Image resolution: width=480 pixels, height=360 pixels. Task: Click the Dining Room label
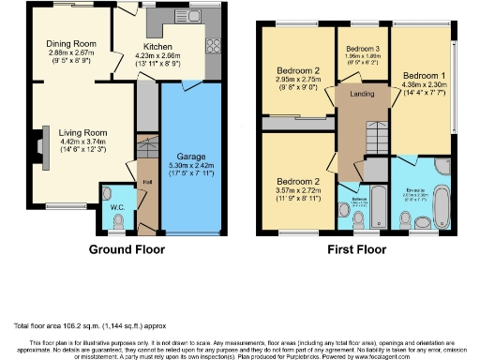click(71, 43)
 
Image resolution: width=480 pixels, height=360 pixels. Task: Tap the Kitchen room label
click(157, 45)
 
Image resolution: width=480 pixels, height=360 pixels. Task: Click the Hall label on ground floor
click(147, 181)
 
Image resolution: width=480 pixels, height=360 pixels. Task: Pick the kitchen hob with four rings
click(211, 44)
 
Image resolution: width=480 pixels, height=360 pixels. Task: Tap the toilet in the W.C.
click(116, 219)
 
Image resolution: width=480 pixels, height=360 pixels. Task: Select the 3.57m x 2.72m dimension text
click(296, 188)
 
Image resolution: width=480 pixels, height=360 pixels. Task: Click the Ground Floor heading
click(127, 249)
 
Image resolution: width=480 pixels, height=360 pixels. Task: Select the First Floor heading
click(357, 249)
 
